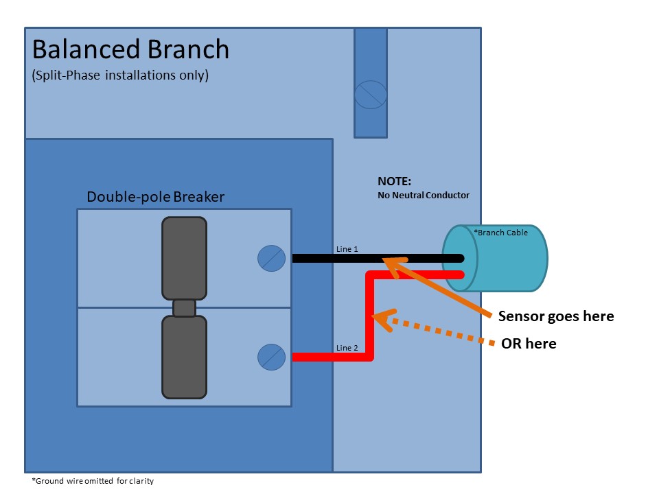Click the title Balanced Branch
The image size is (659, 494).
(130, 49)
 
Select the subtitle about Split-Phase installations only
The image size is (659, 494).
(119, 75)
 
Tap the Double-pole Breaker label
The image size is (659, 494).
(155, 197)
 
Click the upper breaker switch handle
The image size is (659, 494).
(184, 258)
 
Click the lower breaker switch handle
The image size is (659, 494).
(184, 357)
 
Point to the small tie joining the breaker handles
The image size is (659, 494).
(184, 307)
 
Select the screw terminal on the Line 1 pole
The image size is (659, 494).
(271, 258)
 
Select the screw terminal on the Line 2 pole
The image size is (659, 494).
(271, 357)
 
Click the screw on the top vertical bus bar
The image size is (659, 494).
(371, 94)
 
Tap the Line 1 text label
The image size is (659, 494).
(347, 249)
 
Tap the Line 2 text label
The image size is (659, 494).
(347, 348)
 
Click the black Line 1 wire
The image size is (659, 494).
(329, 259)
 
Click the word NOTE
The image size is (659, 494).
(394, 182)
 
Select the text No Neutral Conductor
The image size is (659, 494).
(424, 196)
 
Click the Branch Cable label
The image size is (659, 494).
(501, 233)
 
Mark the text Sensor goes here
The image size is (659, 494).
(555, 316)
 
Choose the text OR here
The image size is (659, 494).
(529, 344)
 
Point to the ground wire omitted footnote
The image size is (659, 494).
(93, 481)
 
